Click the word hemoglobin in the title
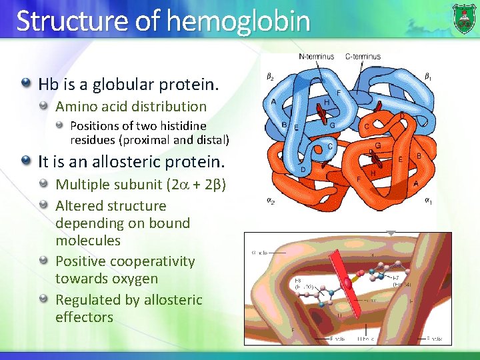238,21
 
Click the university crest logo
464,18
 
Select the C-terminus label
363,57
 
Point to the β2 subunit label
270,77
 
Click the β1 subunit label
428,76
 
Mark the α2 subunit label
270,198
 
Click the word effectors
84,317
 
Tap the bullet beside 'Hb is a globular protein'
26,84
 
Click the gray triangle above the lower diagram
391,233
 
